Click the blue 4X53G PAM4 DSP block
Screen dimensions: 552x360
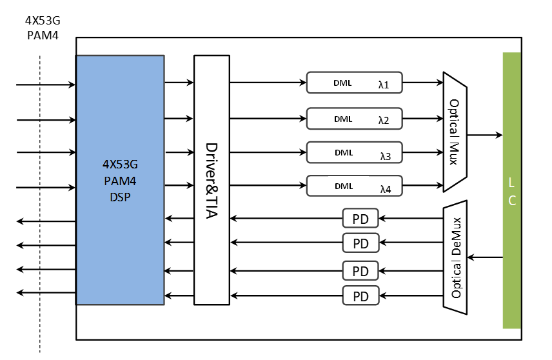pos(120,179)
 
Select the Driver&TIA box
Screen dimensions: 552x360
pos(212,179)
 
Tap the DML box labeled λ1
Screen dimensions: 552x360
pos(354,83)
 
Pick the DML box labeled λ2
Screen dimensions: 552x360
pos(354,119)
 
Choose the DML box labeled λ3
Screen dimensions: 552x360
pos(354,152)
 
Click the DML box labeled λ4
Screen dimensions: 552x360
pos(354,186)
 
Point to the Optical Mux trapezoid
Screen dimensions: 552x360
pos(455,132)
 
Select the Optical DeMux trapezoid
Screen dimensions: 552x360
pos(455,257)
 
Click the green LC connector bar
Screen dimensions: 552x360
pos(512,190)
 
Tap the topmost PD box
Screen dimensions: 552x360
pos(360,219)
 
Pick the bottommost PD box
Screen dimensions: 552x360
pos(360,295)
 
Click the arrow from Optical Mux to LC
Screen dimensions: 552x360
pos(485,135)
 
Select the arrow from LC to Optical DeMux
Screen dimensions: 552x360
pos(485,257)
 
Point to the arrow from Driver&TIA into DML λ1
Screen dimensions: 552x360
pos(268,83)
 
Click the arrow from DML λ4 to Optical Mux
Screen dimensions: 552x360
pos(423,185)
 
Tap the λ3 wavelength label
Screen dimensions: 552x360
pos(386,156)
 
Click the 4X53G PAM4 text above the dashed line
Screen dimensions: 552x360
pos(43,28)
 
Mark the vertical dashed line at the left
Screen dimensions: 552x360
pos(40,204)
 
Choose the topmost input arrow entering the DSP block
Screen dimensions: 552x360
pos(46,85)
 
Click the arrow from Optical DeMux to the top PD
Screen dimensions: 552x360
pos(411,219)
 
